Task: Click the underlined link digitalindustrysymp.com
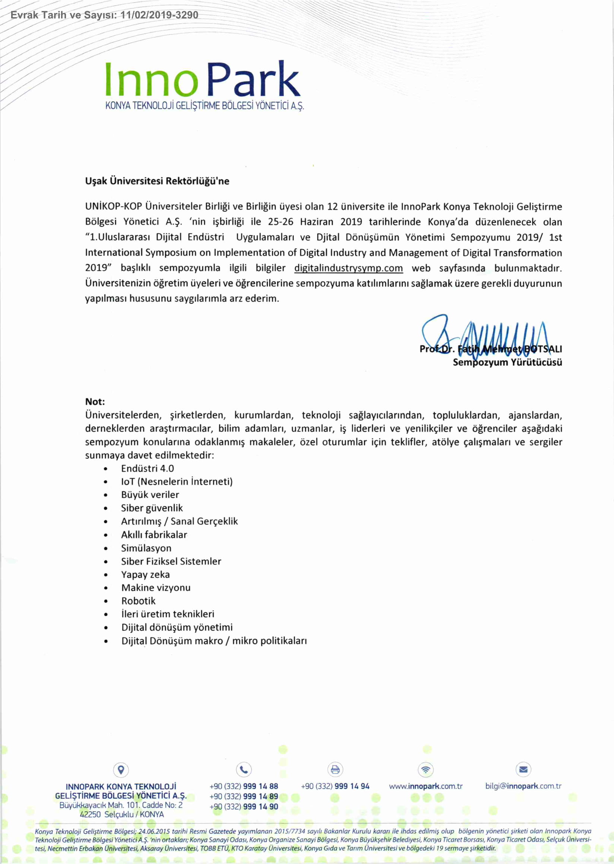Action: (x=348, y=268)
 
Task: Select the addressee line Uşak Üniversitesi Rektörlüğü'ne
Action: (x=157, y=181)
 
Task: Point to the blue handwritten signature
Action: (x=484, y=335)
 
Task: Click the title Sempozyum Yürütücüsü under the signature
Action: (x=507, y=362)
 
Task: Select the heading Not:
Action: (x=95, y=401)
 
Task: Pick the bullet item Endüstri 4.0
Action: (x=148, y=468)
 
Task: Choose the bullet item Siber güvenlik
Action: (x=152, y=508)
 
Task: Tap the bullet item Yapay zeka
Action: (x=146, y=575)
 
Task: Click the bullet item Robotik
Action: (x=138, y=601)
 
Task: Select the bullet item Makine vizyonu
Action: (x=156, y=588)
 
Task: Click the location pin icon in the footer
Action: (x=121, y=769)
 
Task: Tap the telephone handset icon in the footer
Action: (x=244, y=769)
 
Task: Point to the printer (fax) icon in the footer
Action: (x=335, y=769)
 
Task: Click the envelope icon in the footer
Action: (x=523, y=769)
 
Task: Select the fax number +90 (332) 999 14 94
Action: (x=335, y=786)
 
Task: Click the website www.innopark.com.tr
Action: (x=426, y=786)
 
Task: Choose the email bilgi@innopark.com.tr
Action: (x=523, y=786)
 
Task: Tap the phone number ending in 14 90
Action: (x=244, y=807)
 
